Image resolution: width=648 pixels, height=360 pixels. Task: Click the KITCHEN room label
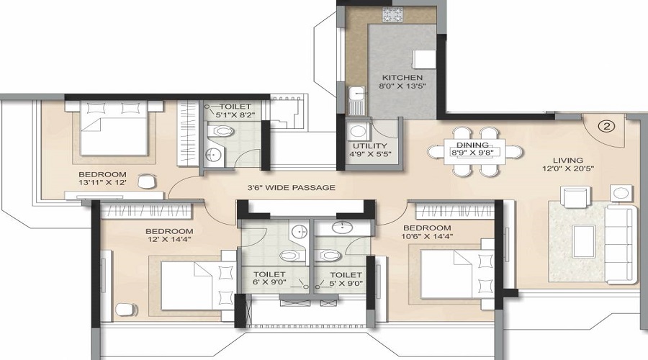[x=402, y=78]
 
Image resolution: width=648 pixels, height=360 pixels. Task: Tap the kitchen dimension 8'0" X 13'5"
[x=402, y=88]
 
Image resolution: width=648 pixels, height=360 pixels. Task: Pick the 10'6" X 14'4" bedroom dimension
[x=427, y=237]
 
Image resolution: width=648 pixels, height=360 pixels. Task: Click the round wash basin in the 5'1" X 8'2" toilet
[x=212, y=156]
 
